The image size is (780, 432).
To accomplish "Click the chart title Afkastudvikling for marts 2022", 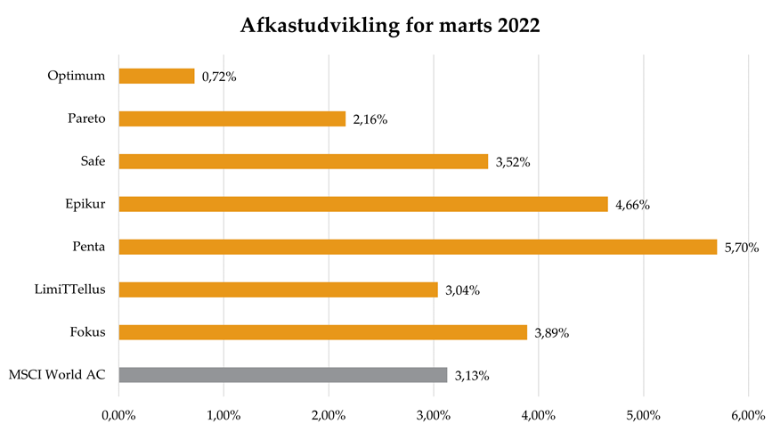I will pos(390,26).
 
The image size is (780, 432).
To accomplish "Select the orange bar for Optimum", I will pos(157,77).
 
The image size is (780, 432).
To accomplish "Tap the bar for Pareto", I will pos(232,118).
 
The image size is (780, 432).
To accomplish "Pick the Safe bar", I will pos(303,161).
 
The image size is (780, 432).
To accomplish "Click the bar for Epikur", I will pos(362,204).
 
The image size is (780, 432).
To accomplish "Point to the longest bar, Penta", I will pos(417,247).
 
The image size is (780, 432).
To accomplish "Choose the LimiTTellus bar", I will pos(278,289).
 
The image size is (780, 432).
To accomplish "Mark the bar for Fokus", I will pos(322,332).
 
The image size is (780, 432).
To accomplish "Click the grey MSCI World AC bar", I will pos(282,375).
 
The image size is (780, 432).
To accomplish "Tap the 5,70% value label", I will pos(741,248).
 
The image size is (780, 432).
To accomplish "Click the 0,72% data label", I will pos(219,77).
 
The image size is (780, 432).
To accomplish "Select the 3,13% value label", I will pos(472,376).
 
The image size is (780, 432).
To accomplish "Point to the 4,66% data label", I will pos(632,205).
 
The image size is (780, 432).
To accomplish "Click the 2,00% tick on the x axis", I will pos(329,414).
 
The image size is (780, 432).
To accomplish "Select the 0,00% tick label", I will pos(118,414).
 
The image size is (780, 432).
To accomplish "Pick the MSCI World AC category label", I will pos(56,375).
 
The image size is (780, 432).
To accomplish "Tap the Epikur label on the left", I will pos(87,204).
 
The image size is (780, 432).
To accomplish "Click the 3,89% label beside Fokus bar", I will pos(551,333).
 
